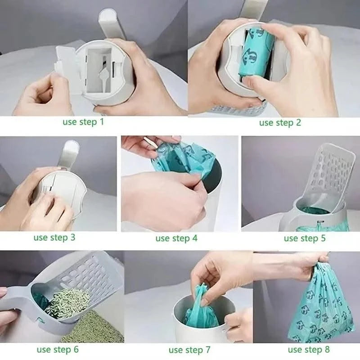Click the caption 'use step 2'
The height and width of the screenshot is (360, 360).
pos(279,122)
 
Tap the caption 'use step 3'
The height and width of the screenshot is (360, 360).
pos(54,237)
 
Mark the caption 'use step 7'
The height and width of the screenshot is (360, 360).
pos(189,350)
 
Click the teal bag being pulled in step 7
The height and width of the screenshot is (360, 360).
pos(201,310)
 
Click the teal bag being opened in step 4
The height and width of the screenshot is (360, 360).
pos(180,157)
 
